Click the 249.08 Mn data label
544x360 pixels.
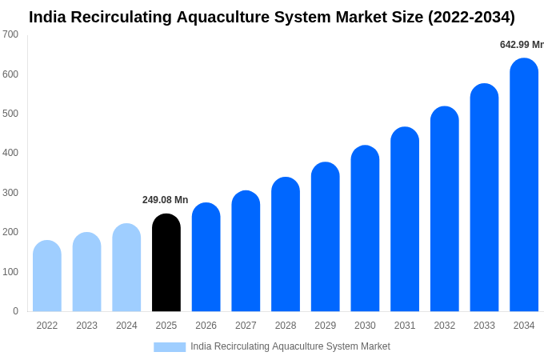pos(165,200)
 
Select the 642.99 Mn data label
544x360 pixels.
pos(521,45)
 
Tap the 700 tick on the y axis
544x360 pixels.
pos(10,34)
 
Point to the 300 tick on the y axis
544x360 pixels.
pos(10,193)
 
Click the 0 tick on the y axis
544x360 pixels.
pos(15,311)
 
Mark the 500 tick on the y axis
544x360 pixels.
pos(10,114)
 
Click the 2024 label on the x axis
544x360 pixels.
pos(126,326)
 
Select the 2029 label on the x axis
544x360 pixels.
pos(325,326)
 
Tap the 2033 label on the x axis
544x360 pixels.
pos(484,326)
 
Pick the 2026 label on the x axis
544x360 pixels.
pos(206,326)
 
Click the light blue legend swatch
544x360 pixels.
pos(170,347)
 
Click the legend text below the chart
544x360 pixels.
pos(290,346)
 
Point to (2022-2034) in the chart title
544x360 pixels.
pos(471,17)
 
